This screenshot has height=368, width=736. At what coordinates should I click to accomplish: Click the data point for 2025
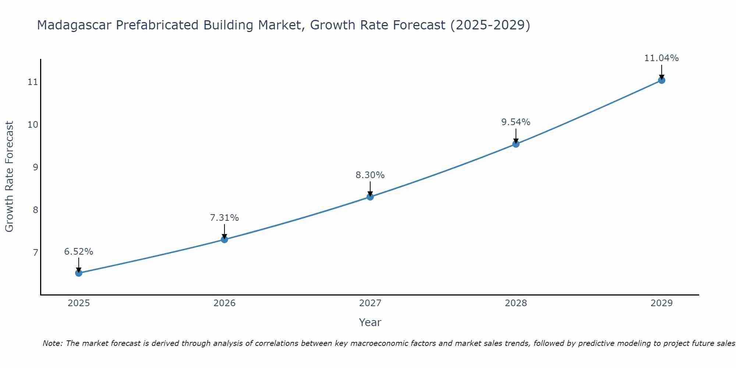[x=79, y=273]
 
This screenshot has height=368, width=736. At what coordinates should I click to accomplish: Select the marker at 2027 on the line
[x=370, y=197]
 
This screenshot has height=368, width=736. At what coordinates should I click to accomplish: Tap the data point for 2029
[x=661, y=80]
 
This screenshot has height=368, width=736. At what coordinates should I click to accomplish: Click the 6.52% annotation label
[x=79, y=252]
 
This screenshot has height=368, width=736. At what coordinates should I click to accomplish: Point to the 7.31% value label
[x=224, y=218]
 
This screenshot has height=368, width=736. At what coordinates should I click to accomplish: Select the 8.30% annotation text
[x=370, y=175]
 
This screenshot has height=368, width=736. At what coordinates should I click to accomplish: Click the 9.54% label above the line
[x=516, y=122]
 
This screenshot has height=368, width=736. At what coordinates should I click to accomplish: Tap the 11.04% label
[x=661, y=58]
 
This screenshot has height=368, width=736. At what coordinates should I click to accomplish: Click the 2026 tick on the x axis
[x=224, y=303]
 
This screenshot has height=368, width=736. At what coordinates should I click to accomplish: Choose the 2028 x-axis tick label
[x=516, y=303]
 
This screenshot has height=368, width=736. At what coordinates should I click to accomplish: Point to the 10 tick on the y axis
[x=33, y=124]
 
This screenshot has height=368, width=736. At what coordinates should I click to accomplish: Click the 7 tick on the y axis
[x=35, y=252]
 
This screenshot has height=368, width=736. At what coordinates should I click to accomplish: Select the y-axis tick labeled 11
[x=33, y=82]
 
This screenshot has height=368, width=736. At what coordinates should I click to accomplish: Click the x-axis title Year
[x=370, y=322]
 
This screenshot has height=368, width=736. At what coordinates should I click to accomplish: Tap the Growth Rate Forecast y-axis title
[x=10, y=177]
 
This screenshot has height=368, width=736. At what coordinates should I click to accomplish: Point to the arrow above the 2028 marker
[x=516, y=135]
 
